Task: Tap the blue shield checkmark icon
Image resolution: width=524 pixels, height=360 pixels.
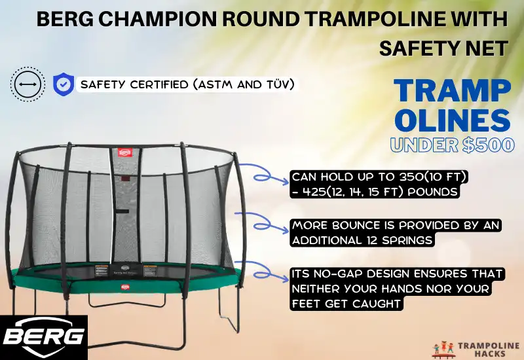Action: [x=62, y=84]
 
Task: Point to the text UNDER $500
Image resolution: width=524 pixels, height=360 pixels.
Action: [x=452, y=145]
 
